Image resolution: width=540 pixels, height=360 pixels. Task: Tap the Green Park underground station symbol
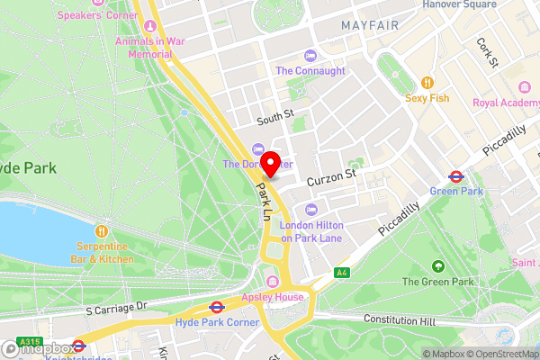coord(457,176)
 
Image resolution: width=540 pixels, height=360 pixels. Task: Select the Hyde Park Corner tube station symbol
coord(215,306)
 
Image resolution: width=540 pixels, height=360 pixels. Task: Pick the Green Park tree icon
coord(436,267)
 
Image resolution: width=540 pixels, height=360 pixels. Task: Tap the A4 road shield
coord(341,273)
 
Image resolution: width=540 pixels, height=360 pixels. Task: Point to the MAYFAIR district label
coord(369,25)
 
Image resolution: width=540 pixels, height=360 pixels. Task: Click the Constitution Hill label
coord(399,319)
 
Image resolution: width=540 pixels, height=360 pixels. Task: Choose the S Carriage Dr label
coord(115,309)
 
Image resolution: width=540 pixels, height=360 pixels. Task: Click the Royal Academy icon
coord(525,86)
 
